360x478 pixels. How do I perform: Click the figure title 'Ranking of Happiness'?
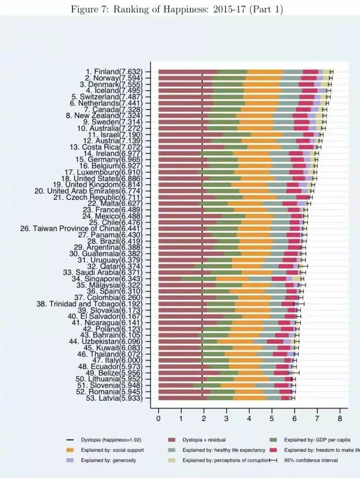point(179,6)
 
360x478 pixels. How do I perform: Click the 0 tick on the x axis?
point(159,419)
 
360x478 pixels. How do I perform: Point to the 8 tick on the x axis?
point(340,419)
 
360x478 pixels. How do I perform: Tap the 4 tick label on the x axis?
point(249,419)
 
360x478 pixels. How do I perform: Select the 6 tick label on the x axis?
point(294,419)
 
